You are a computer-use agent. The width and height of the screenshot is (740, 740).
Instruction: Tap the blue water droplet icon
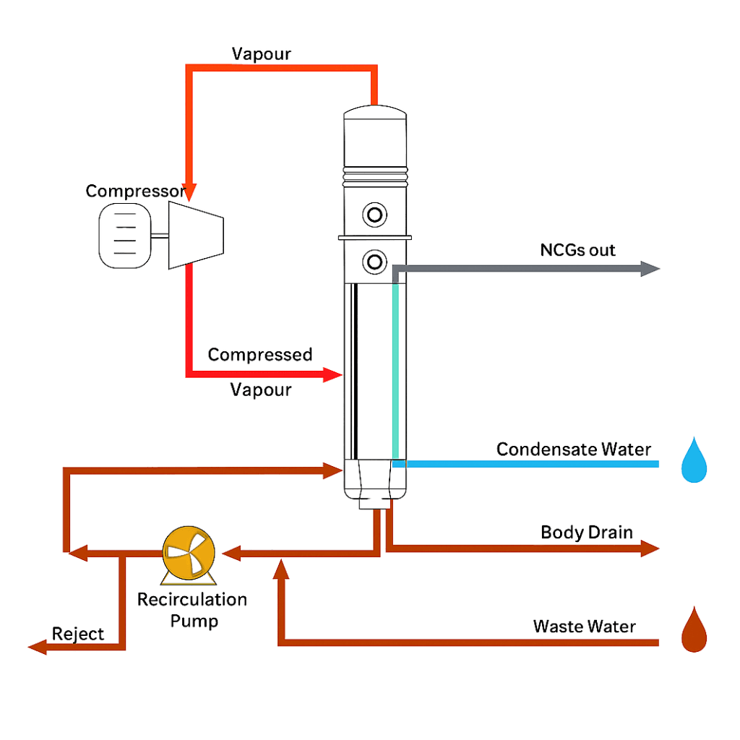(694, 460)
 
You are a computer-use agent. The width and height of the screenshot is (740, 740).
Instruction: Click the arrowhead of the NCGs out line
(651, 270)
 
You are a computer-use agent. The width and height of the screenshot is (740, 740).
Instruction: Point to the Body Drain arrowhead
(650, 549)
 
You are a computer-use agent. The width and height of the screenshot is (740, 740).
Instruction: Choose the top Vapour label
(261, 54)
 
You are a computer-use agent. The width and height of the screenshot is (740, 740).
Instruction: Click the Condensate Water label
(573, 449)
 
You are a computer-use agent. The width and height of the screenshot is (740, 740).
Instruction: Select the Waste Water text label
(584, 626)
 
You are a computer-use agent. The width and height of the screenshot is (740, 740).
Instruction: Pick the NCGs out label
(577, 250)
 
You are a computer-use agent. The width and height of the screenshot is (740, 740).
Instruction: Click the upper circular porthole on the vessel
(375, 215)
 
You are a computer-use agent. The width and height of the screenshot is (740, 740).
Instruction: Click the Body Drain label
(586, 533)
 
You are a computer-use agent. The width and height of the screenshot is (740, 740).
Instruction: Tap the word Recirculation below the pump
(192, 600)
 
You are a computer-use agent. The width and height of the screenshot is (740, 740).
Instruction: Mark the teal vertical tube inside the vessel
(395, 372)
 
